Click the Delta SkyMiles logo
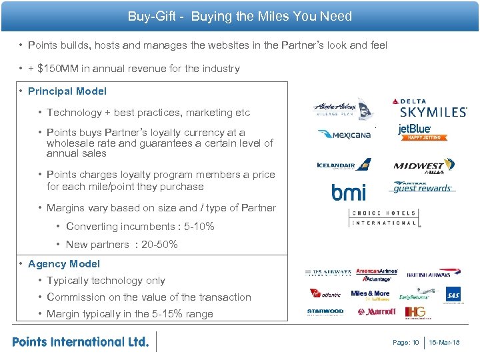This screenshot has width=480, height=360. coord(429,109)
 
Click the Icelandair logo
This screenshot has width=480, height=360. coord(343,165)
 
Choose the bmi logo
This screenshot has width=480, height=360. coord(349,193)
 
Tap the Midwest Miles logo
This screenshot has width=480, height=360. coord(424,167)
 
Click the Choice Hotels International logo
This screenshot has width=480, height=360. coord(385,218)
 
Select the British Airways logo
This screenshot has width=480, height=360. coord(429,273)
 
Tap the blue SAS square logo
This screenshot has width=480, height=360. coord(454,295)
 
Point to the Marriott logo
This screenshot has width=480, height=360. coord(377,311)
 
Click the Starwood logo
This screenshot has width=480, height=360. coord(325,311)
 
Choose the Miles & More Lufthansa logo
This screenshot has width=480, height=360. coord(371,295)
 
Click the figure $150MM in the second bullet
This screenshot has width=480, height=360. coord(60,69)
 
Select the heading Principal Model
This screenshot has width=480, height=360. coord(67,91)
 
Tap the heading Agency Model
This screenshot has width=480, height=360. coord(64,264)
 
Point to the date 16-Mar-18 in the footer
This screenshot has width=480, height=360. coord(444,343)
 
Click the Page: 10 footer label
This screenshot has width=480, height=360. coord(406,343)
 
